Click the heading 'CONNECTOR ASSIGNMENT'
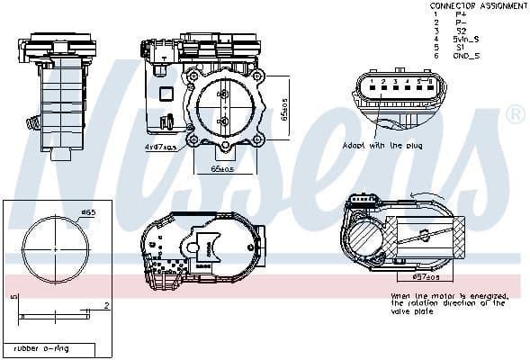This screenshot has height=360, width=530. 480,5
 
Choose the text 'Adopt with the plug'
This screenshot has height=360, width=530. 383,144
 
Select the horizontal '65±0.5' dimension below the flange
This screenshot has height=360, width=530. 222,168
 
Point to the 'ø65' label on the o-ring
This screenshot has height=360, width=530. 88,212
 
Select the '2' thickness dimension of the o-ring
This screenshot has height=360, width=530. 105,306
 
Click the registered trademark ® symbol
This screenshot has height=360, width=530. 515,114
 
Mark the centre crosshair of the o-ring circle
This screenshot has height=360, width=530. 56,248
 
